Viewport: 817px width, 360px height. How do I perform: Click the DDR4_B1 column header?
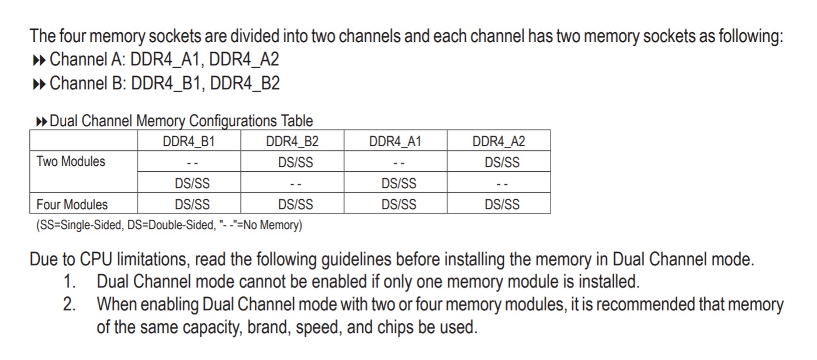click(x=189, y=141)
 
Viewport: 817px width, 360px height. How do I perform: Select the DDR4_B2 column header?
click(x=292, y=141)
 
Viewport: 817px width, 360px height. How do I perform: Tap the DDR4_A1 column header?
click(x=396, y=141)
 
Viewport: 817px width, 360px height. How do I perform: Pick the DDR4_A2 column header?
click(x=499, y=141)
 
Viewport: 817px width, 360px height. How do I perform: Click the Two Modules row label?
click(x=71, y=162)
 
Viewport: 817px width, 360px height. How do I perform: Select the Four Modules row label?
click(x=72, y=205)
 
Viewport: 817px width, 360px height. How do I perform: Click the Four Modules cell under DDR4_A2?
click(x=502, y=205)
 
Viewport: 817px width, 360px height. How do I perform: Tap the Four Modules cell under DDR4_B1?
click(x=192, y=205)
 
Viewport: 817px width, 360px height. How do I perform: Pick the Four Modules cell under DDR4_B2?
click(x=295, y=205)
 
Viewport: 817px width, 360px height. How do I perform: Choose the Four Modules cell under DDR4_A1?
click(x=399, y=205)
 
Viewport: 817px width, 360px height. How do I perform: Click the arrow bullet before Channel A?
click(x=39, y=60)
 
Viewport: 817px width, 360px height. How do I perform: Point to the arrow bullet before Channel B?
click(x=39, y=84)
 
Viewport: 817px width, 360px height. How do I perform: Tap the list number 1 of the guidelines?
click(x=70, y=282)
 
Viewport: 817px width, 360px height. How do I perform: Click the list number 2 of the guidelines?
click(x=70, y=304)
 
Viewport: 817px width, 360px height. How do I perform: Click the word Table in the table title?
click(x=297, y=122)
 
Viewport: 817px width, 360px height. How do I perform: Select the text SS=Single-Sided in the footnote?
click(x=79, y=226)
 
